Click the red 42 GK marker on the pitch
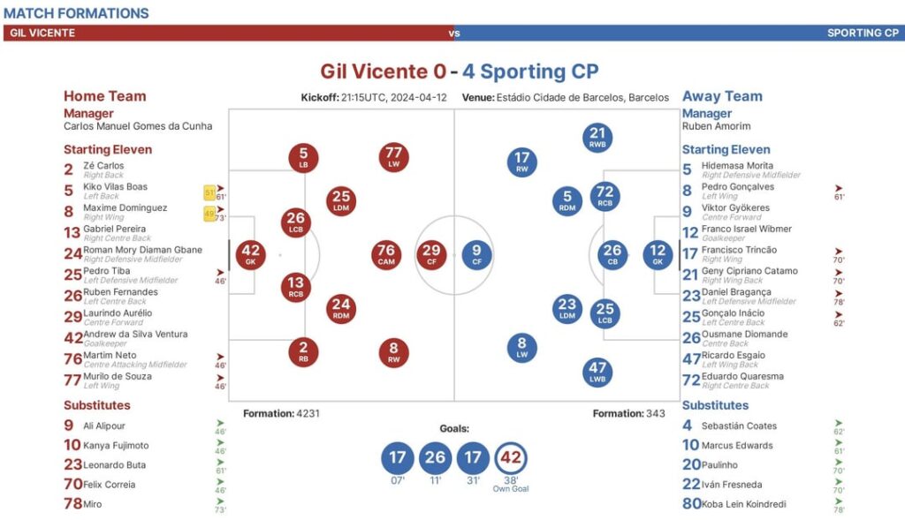(x=252, y=255)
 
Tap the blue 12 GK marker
(x=658, y=255)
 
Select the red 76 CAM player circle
(x=386, y=255)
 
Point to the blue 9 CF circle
(x=476, y=255)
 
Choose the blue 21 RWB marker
(x=598, y=138)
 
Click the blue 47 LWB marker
(x=598, y=372)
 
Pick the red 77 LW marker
(x=394, y=157)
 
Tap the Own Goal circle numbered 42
(x=510, y=457)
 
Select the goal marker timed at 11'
(x=435, y=457)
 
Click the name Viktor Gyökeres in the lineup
(x=735, y=208)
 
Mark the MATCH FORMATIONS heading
(x=76, y=13)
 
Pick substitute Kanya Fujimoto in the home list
(x=116, y=446)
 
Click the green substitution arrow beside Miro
(x=220, y=501)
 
